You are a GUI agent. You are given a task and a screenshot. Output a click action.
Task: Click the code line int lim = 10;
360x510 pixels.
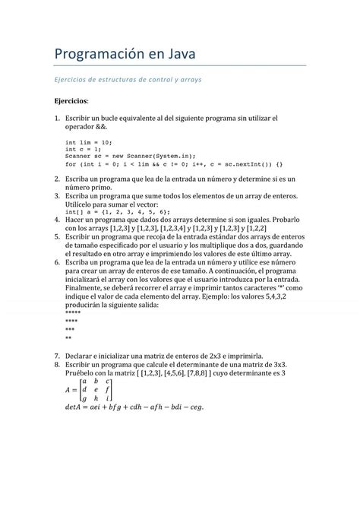89,141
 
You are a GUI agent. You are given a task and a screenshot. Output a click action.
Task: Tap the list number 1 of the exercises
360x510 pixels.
56,118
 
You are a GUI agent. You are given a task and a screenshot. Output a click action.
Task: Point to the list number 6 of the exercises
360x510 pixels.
56,261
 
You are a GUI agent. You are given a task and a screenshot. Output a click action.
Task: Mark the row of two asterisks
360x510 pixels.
68,337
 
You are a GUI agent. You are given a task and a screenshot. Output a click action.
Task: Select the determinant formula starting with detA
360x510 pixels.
134,407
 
